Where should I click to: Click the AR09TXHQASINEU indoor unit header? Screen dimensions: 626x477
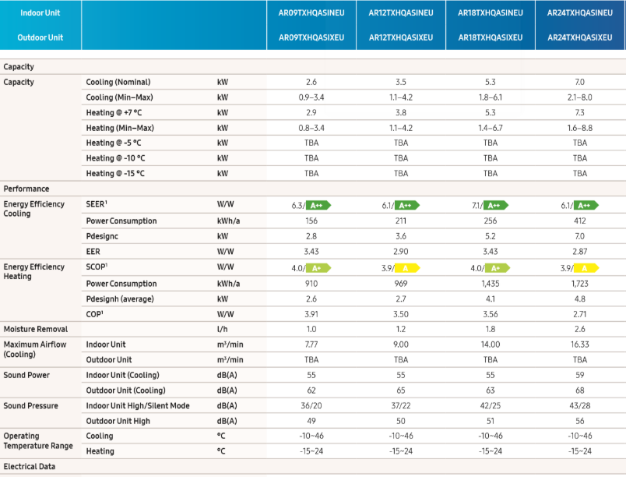311,12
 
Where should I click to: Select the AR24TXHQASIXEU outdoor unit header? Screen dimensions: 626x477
580,37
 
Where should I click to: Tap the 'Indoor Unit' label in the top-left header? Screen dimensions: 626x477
40,12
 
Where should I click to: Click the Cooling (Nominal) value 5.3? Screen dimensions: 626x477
491,82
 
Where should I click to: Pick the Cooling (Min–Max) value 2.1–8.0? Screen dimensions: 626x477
580,97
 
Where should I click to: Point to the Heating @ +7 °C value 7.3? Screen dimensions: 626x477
580,113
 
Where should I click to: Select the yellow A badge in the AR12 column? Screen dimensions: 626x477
407,268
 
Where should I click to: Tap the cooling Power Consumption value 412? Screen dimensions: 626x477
580,221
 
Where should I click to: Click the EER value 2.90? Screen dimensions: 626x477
401,252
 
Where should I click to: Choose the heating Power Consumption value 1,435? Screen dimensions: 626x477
491,284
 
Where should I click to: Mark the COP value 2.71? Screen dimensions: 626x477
580,314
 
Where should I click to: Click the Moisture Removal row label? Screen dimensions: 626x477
36,329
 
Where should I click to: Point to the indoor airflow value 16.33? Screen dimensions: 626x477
580,344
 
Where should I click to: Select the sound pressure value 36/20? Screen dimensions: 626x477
311,405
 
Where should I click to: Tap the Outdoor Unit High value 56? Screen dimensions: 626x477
580,421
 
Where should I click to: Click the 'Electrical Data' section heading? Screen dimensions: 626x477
30,467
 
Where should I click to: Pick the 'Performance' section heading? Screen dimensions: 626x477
26,189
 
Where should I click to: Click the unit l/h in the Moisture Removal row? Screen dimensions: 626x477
223,329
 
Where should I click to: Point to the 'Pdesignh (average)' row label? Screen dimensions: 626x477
120,299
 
